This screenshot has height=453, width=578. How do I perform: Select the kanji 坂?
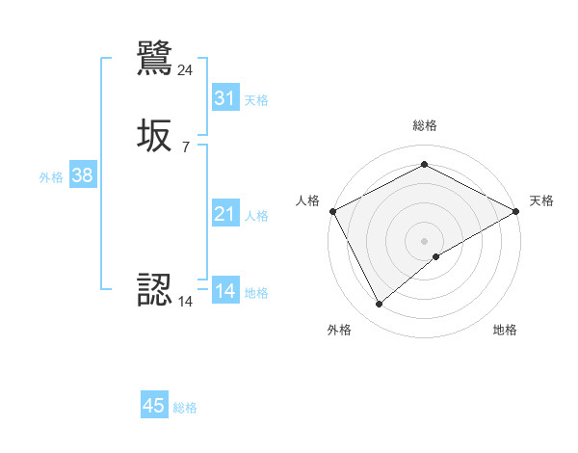pyautogui.click(x=155, y=137)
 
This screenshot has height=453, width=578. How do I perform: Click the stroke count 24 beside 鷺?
pyautogui.click(x=186, y=69)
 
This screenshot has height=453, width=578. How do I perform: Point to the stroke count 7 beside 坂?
pyautogui.click(x=186, y=147)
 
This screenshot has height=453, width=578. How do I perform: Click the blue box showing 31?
pyautogui.click(x=225, y=98)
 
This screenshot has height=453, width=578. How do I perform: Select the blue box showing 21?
pyautogui.click(x=225, y=214)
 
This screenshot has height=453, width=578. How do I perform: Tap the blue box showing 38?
pyautogui.click(x=82, y=175)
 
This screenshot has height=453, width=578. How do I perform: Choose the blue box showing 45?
pyautogui.click(x=154, y=406)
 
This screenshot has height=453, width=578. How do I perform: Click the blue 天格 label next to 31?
pyautogui.click(x=256, y=100)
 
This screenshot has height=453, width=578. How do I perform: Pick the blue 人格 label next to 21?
pyautogui.click(x=256, y=216)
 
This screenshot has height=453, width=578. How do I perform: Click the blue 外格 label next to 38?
pyautogui.click(x=51, y=177)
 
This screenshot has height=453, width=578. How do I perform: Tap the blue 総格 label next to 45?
pyautogui.click(x=185, y=408)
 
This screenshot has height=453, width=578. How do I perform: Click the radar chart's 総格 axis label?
pyautogui.click(x=424, y=125)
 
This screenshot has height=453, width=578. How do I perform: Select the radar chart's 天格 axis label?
pyautogui.click(x=542, y=200)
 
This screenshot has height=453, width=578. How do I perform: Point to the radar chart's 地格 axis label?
pyautogui.click(x=505, y=330)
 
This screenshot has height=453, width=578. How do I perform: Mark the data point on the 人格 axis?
pyautogui.click(x=332, y=210)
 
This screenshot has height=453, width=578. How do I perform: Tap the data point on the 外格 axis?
pyautogui.click(x=379, y=305)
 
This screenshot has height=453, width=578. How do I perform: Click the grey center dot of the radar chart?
pyautogui.click(x=424, y=240)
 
